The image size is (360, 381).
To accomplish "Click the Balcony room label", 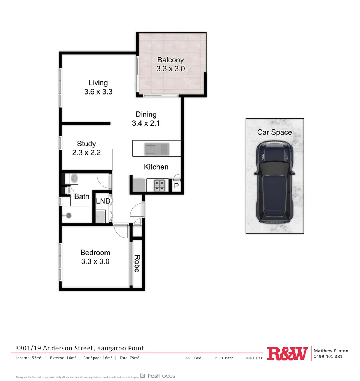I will pos(170,60).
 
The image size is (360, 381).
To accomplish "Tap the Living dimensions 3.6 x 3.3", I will pos(98,92).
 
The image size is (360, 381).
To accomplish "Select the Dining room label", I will pos(146,114).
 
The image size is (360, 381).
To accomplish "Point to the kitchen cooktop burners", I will pos(160,185).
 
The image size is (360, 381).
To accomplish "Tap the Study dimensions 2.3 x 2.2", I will pos(86,153).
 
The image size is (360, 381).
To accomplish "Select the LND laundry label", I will pos(103,201).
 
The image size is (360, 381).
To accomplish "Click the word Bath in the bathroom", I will pos(82,196).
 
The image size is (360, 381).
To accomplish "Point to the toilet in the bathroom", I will pos(74,178).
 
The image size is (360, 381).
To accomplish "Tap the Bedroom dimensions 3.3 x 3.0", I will pos(95,261).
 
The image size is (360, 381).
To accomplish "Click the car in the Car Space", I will pos(275,182).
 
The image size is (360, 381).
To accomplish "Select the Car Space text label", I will pos(275,132).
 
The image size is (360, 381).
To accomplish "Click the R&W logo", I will pos(287,353).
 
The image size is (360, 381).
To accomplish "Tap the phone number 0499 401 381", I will pos(328,356).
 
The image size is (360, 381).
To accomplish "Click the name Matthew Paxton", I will pos(331,351).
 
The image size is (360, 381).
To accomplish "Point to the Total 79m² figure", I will pos(129,358).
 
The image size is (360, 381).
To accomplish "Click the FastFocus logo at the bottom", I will pos(157,376).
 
